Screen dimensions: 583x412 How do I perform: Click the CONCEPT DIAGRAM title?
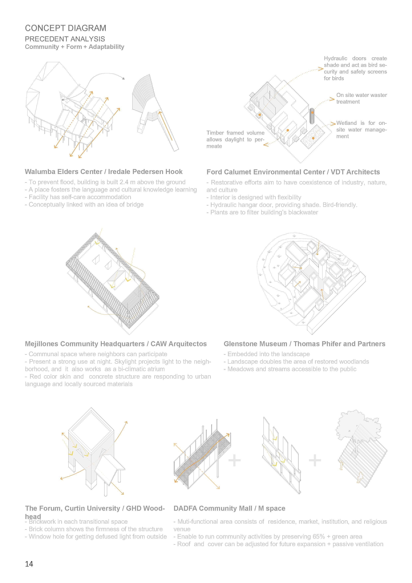[65, 28]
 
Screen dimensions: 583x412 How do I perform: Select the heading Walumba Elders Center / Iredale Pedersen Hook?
[103, 172]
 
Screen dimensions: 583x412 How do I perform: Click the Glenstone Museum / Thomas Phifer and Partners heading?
[304, 344]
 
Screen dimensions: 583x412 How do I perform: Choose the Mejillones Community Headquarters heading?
[116, 344]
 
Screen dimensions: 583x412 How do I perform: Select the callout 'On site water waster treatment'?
[361, 98]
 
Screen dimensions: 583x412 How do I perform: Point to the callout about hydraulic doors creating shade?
[355, 68]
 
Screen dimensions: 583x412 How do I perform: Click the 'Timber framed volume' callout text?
[235, 139]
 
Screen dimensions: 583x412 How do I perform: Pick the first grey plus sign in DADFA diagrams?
[234, 460]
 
